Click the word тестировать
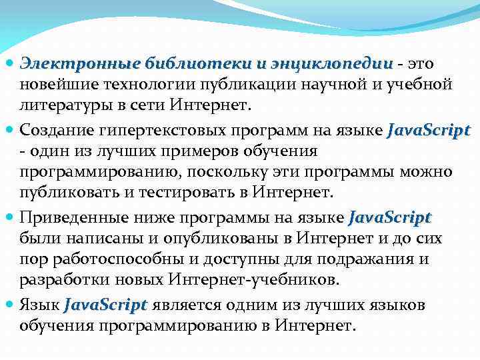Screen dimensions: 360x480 (x=177, y=193)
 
